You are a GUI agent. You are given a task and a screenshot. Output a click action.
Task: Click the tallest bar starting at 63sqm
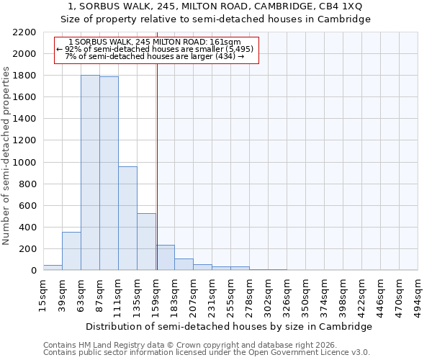click(90, 173)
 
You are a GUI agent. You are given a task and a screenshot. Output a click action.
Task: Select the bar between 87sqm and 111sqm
click(109, 174)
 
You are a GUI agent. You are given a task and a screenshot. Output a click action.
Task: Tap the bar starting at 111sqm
click(127, 218)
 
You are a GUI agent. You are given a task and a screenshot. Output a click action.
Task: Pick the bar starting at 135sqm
click(146, 242)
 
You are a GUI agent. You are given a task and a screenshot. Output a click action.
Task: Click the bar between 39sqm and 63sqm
click(71, 251)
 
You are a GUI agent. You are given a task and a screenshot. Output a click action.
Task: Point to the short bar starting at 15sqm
click(53, 267)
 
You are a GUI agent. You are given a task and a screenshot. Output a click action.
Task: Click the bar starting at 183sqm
click(184, 264)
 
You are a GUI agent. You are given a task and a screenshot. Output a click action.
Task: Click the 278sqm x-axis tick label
click(250, 296)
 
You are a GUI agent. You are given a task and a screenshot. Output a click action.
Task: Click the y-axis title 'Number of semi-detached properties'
click(6, 156)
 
